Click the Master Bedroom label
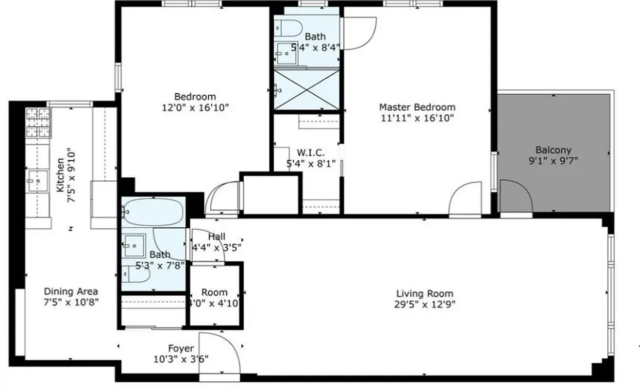tap(417, 107)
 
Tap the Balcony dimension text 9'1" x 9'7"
tap(553, 161)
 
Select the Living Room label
tap(424, 294)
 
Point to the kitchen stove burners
tap(38, 122)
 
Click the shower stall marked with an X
tap(307, 90)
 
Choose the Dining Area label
tap(71, 291)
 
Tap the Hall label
tap(217, 237)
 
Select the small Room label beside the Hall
tap(215, 292)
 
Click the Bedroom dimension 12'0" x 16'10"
tap(195, 107)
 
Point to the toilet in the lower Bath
tap(137, 274)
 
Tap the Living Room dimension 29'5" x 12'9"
tap(424, 304)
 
